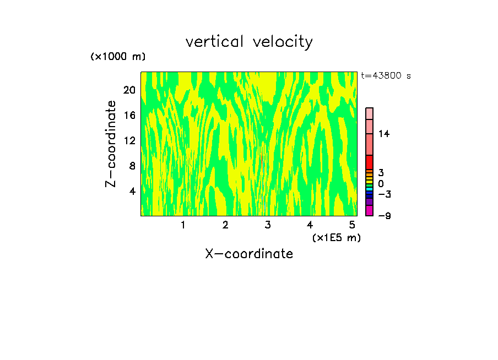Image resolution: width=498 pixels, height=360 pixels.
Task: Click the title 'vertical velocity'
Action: (x=249, y=42)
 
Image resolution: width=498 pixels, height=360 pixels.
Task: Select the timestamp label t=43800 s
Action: (x=386, y=76)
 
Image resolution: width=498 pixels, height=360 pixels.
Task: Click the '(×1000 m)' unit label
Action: (x=118, y=57)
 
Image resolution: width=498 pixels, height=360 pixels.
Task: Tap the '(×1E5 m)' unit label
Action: (x=337, y=237)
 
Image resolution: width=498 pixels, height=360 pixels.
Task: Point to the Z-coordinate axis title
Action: (x=111, y=144)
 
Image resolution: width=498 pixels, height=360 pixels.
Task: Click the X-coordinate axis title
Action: (x=249, y=254)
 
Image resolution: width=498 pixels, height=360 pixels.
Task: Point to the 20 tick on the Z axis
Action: (x=129, y=90)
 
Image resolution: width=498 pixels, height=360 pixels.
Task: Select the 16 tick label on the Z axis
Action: (x=129, y=115)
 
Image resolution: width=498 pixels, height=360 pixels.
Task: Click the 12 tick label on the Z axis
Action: (x=129, y=140)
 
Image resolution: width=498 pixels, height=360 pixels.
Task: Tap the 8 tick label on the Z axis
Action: (x=132, y=166)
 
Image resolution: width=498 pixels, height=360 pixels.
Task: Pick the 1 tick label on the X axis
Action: (x=183, y=225)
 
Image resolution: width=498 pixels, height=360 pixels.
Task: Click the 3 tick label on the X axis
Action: (x=268, y=225)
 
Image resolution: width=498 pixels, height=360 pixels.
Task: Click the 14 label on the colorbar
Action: (x=384, y=134)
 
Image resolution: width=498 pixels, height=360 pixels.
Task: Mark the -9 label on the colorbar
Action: (x=384, y=216)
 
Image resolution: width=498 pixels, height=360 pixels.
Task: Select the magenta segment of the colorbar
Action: (x=370, y=211)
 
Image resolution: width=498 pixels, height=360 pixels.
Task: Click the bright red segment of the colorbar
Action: (x=370, y=162)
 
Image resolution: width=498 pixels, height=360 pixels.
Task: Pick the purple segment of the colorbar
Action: (x=370, y=202)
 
